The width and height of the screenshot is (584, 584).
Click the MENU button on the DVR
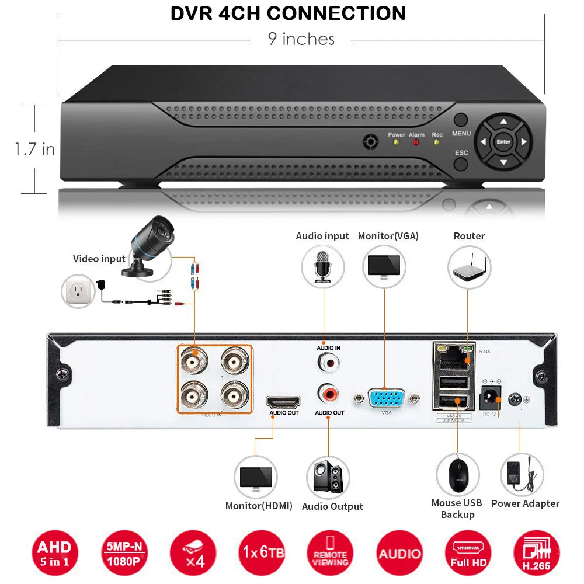[461, 121]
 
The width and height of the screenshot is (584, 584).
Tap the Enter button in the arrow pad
[503, 141]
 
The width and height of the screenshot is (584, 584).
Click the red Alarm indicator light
[416, 142]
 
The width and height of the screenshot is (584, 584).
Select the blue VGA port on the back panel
[385, 399]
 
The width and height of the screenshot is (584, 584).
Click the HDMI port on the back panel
[283, 402]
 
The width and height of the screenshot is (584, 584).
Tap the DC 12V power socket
[489, 399]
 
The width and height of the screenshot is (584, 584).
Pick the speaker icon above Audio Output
[328, 477]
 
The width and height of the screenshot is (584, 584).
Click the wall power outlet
[78, 291]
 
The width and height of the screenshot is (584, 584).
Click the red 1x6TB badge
[260, 552]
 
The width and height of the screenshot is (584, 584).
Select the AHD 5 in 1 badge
[54, 553]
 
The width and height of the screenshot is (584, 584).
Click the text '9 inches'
[301, 39]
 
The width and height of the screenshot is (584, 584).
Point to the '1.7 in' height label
[35, 149]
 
